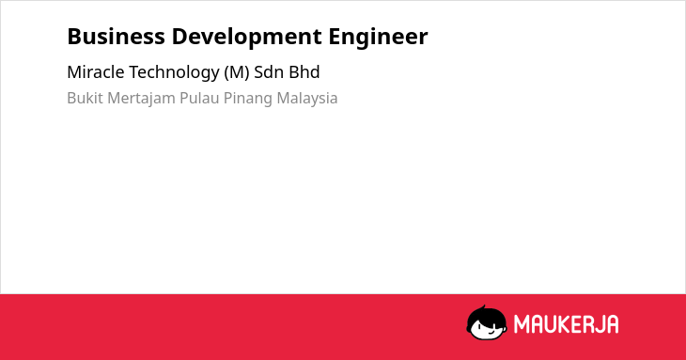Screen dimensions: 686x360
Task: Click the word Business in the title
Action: pos(116,37)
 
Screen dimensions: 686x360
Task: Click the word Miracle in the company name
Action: pos(95,72)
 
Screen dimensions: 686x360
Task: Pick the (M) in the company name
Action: pos(237,72)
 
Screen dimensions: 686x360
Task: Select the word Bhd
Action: pos(303,72)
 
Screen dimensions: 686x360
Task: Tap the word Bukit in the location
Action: pos(85,98)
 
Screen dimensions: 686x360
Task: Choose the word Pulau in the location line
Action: pos(199,98)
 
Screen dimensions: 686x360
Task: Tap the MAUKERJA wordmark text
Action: pos(566,324)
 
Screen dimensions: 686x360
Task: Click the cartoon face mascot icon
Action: pos(487,322)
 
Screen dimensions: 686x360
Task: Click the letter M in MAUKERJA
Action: pos(521,324)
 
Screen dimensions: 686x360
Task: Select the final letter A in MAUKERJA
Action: pos(613,324)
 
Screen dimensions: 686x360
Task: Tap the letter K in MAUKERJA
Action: pos(563,324)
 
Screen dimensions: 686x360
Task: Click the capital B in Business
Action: pos(73,37)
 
